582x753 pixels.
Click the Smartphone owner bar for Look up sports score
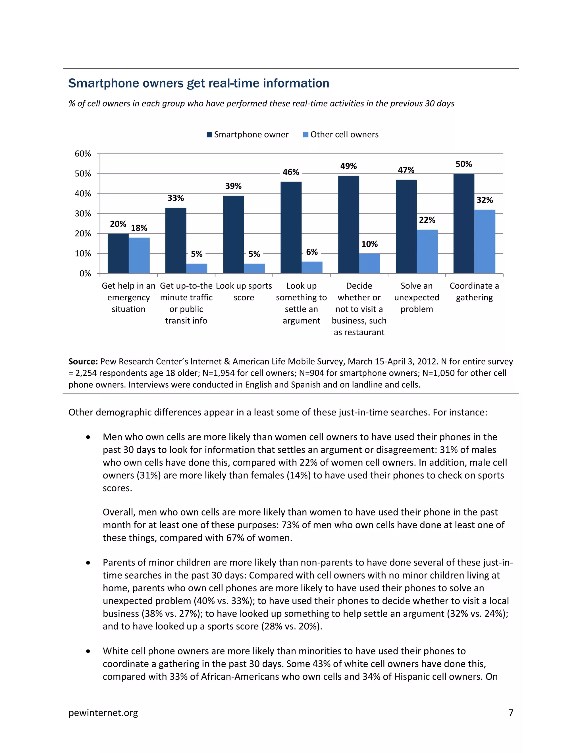(233, 234)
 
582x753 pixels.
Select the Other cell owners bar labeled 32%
(485, 241)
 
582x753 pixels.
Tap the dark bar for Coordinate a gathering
(463, 223)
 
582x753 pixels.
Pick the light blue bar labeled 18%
(139, 255)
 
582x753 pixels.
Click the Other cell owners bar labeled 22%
(427, 251)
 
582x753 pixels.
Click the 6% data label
(312, 252)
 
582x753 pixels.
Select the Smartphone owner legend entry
(248, 134)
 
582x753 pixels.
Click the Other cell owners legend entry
(341, 134)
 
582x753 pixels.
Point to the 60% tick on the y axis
(83, 154)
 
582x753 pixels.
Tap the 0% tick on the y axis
(85, 274)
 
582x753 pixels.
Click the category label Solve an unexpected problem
(417, 297)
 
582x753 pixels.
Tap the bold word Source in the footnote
(83, 361)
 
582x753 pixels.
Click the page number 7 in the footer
(511, 713)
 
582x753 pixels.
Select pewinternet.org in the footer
(103, 713)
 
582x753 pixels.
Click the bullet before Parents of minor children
(88, 563)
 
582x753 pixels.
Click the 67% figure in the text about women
(235, 538)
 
